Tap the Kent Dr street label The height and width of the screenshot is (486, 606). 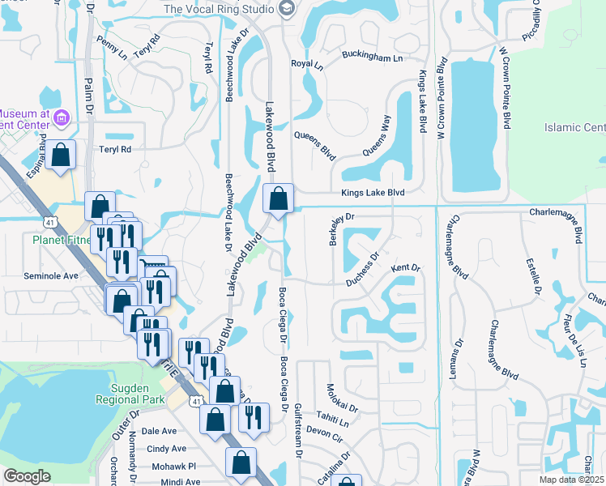(x=406, y=267)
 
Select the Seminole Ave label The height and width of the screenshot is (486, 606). (x=50, y=275)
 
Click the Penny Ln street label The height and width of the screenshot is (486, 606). (x=111, y=48)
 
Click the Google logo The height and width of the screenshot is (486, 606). (x=27, y=476)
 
